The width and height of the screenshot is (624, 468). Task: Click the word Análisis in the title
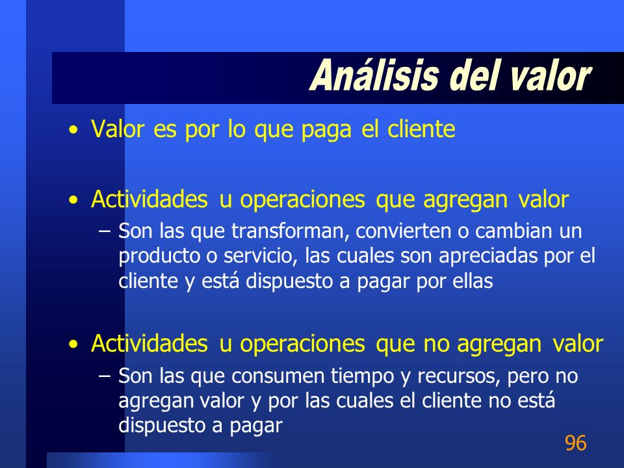374,75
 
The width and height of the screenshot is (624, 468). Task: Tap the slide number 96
575,443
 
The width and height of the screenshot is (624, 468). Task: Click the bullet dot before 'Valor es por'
73,130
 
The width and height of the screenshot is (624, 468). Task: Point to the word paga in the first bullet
326,130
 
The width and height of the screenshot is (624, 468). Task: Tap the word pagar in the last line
256,426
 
